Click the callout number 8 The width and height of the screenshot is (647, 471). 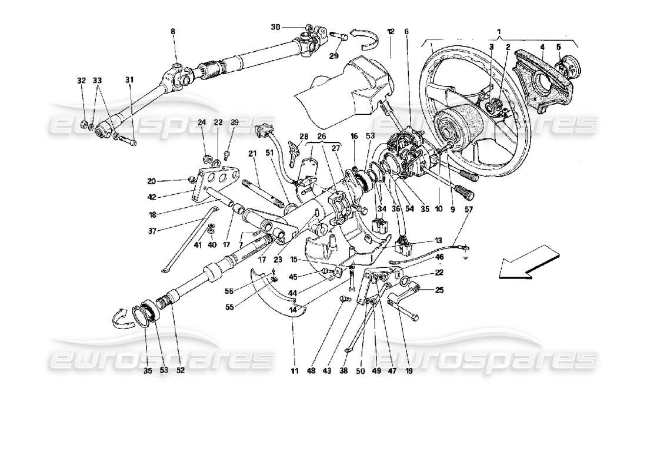coord(173,31)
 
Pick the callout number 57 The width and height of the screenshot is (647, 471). coord(469,209)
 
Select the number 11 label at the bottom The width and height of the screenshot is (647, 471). coord(294,372)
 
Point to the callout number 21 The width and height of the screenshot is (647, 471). coord(252,154)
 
